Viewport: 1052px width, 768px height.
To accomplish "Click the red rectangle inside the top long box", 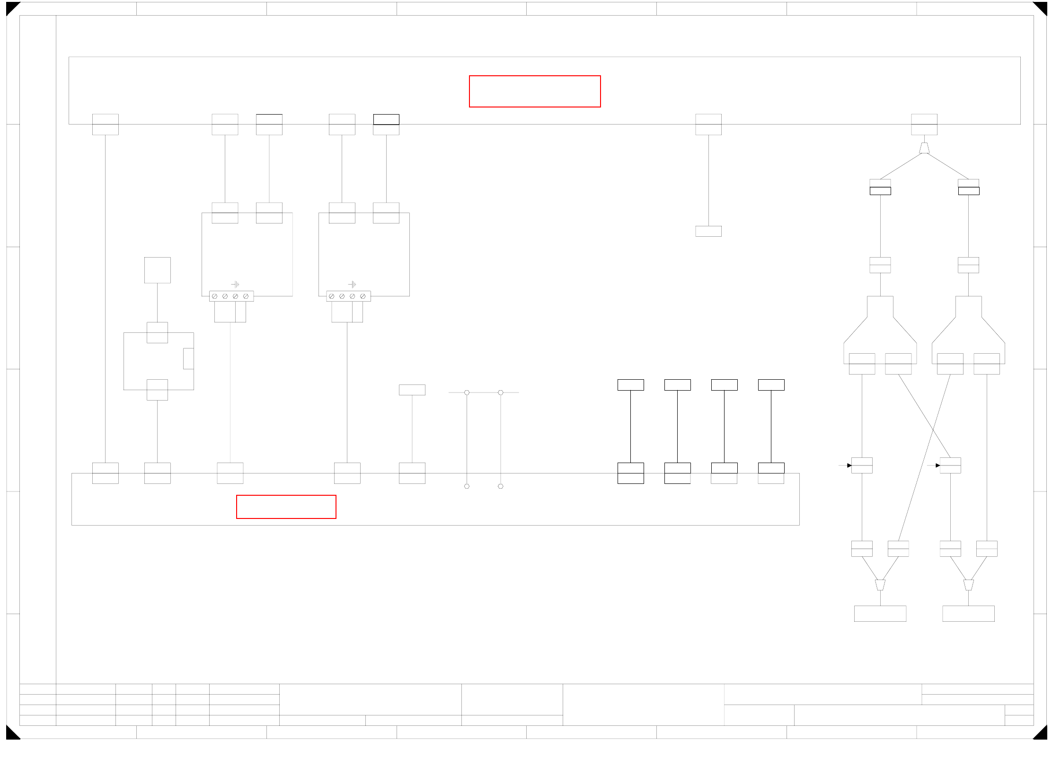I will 535,91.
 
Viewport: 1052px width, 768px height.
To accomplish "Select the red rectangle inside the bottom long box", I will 286,507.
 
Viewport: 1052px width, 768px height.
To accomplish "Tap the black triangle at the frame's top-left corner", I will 11,7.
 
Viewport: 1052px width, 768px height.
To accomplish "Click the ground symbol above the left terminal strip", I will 235,284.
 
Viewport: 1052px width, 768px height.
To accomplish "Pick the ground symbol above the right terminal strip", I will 352,284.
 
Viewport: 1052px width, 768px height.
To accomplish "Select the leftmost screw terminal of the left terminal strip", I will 214,296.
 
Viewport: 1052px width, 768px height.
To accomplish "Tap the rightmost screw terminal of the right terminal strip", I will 363,296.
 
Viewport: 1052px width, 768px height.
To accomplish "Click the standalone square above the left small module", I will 158,270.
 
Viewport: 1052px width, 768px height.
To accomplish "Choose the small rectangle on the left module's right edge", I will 188,358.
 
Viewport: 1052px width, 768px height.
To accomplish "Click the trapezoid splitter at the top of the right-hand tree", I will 924,148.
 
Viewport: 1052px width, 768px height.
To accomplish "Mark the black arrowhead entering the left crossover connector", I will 849,465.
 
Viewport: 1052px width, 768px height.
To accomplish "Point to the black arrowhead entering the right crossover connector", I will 938,465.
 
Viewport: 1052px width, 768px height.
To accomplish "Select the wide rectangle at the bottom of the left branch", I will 880,614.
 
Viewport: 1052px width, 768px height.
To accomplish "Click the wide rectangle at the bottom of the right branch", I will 968,614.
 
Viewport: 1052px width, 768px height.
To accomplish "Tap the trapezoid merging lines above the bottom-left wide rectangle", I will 880,585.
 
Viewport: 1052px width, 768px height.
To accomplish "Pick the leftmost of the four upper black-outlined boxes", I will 630,385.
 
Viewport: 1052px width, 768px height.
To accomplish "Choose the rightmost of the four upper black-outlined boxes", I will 771,385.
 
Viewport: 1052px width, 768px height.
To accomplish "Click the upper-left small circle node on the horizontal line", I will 467,393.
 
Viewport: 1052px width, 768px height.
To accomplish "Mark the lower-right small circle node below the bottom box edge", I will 501,486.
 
